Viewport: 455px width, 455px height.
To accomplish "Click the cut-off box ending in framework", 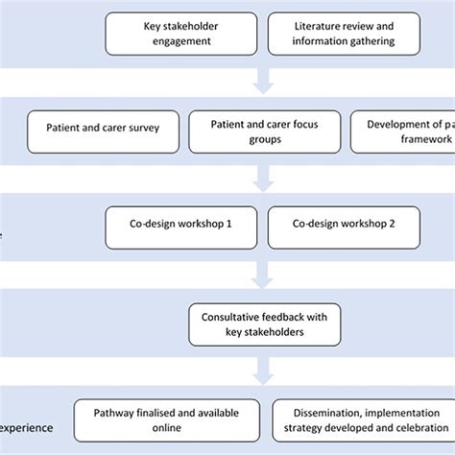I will click(x=403, y=130).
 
